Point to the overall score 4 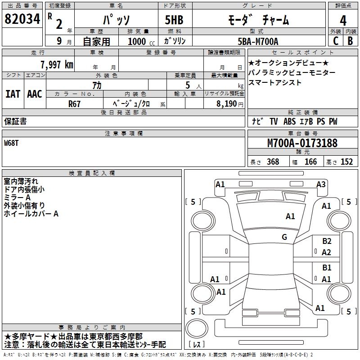[343, 20]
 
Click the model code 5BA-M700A [258, 41]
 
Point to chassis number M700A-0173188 [302, 144]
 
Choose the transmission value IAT [13, 94]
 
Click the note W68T [12, 143]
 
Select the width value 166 [310, 162]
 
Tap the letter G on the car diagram [284, 237]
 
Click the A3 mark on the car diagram [321, 184]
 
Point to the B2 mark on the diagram [327, 241]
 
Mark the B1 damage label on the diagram [327, 268]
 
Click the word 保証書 [15, 121]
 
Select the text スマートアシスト [274, 83]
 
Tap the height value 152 [346, 162]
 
